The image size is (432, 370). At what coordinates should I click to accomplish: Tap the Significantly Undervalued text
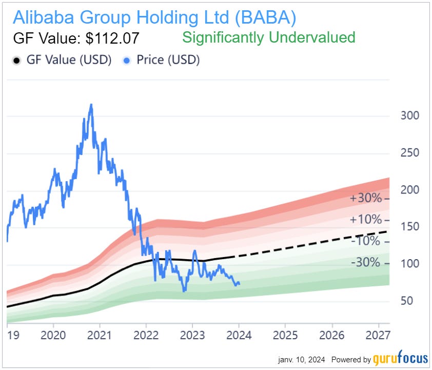point(269,37)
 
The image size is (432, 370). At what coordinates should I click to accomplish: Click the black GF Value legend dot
point(16,60)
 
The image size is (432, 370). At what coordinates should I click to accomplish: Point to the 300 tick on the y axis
point(409,115)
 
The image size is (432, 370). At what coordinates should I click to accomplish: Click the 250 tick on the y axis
point(409,153)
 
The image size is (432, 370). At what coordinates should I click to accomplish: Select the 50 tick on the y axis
point(407,301)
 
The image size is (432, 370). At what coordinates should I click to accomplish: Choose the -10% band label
point(366,241)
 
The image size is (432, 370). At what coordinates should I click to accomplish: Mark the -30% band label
point(366,263)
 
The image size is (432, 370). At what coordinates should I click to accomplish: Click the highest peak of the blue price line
point(91,105)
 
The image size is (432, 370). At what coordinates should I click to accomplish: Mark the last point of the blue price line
point(239,283)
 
